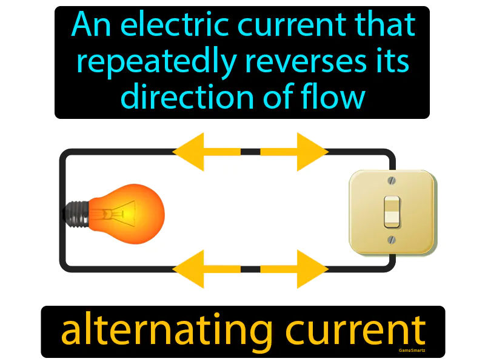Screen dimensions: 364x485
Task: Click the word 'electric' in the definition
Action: [157, 25]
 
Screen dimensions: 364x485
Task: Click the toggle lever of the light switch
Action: [392, 209]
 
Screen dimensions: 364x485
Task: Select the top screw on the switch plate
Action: [392, 180]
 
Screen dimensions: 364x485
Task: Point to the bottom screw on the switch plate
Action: [392, 240]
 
